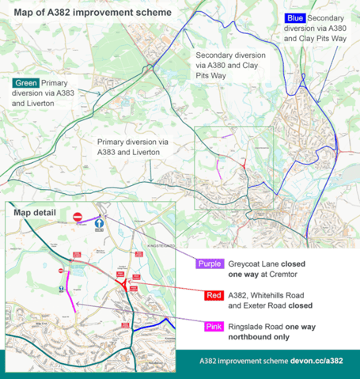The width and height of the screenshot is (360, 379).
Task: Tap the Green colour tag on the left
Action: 25,83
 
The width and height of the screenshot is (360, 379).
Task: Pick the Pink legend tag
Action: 212,327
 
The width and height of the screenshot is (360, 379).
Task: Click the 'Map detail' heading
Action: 35,213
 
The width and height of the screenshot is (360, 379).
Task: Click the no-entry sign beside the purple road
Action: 78,217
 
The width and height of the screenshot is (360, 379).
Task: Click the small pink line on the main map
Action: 218,167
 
